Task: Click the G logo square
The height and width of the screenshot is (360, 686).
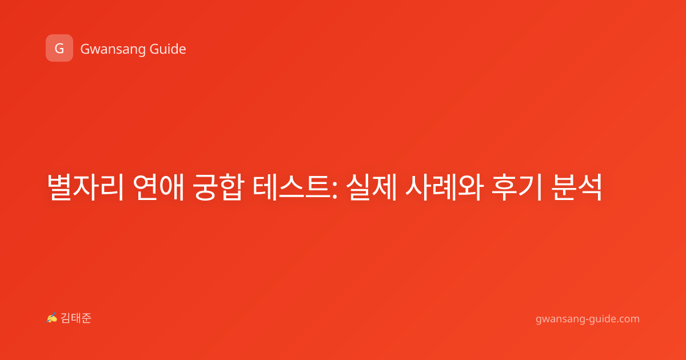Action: coord(59,48)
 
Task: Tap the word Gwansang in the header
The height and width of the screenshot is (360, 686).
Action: coord(113,49)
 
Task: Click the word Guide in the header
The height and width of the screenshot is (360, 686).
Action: coord(167,49)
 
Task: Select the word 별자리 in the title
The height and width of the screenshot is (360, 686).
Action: coord(85,187)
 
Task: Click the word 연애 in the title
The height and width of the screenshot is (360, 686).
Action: coord(158,187)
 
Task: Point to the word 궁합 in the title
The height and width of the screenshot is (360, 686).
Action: coord(218,187)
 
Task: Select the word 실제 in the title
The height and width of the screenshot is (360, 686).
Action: coord(372,187)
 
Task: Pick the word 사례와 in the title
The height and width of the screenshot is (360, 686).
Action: coord(444,187)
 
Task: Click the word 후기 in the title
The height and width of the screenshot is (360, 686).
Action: coord(517,187)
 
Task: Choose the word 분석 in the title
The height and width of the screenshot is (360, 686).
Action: coord(577,187)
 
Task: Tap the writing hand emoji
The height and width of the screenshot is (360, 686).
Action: coord(51,318)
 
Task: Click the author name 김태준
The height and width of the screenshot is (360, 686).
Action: coord(76,318)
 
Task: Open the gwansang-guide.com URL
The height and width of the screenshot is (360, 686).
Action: coord(588,319)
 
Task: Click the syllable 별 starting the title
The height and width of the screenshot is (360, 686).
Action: coord(59,187)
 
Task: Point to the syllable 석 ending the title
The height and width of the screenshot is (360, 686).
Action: coord(590,187)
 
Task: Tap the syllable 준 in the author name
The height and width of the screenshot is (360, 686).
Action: coord(86,318)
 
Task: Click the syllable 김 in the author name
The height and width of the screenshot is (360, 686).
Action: coord(66,318)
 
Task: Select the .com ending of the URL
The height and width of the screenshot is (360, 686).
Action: coord(628,319)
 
